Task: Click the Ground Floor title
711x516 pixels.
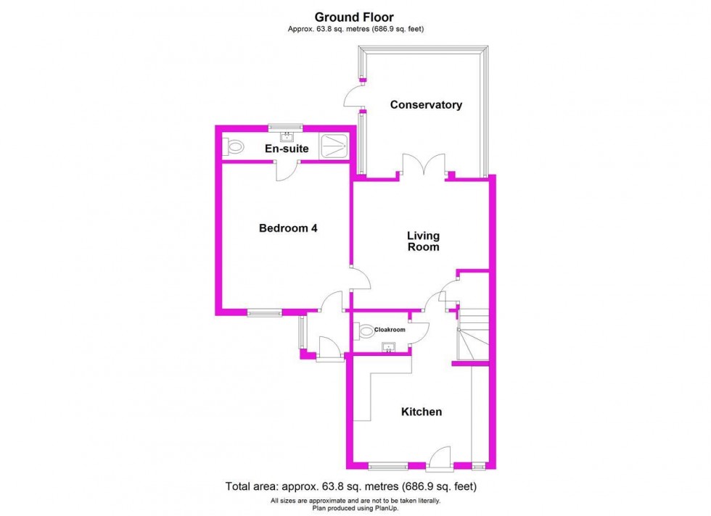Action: (x=355, y=17)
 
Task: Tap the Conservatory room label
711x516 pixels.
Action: (x=426, y=105)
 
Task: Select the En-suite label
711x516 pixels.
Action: (x=287, y=149)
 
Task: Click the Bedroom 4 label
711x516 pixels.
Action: (x=288, y=228)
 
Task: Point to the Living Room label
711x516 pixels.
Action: (x=423, y=241)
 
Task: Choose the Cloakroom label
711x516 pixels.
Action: (x=390, y=330)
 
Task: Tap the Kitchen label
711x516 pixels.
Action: (x=422, y=412)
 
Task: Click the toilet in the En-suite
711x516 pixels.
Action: (x=234, y=147)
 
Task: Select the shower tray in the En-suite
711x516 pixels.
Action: (x=334, y=146)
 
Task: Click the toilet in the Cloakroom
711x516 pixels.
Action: (x=365, y=330)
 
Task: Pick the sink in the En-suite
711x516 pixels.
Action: (x=287, y=134)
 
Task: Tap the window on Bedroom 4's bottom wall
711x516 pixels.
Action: (x=263, y=313)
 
